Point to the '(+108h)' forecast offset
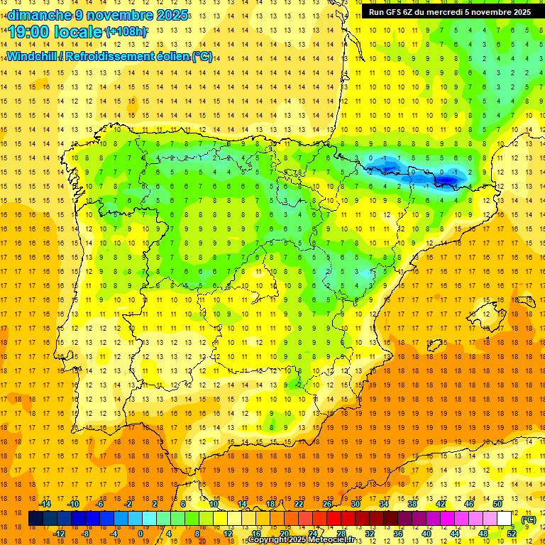tap(126, 32)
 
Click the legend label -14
tap(45, 504)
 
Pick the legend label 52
tap(512, 534)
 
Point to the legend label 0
tap(141, 534)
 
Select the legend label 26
tap(327, 504)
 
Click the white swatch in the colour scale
tap(505, 519)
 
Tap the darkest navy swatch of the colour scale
tap(35, 519)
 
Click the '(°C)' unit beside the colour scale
tap(529, 519)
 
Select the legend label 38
tap(412, 504)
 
